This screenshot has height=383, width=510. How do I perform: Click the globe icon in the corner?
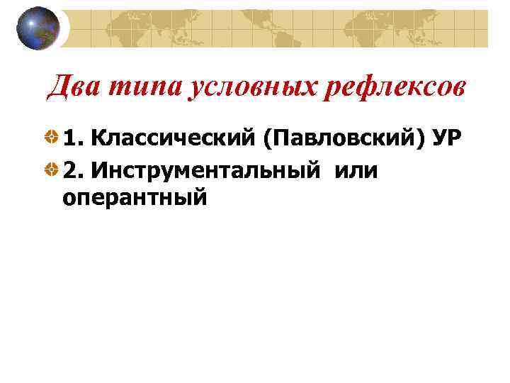pos(38,28)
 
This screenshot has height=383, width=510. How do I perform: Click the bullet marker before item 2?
pos(52,171)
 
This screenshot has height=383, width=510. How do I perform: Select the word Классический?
pos(172,138)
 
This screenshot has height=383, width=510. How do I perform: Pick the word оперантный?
pos(135,197)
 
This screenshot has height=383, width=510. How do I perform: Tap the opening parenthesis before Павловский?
pos(266,139)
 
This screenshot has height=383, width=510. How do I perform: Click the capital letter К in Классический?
pos(98,138)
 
